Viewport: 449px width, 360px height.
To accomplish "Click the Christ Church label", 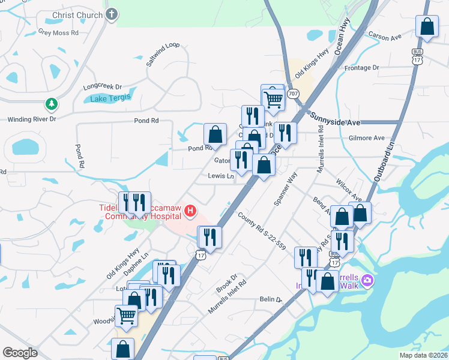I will [x=77, y=14].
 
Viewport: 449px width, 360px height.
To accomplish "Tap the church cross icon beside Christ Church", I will [x=111, y=14].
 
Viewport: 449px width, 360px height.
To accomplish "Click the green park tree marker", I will [x=52, y=104].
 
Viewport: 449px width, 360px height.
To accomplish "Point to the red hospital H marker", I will [x=190, y=211].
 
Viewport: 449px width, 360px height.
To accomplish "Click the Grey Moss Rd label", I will [x=58, y=32].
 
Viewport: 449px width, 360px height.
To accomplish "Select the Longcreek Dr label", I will [x=102, y=86].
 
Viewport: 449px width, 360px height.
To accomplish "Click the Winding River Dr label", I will [x=31, y=119].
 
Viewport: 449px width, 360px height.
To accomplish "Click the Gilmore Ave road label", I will [x=366, y=138].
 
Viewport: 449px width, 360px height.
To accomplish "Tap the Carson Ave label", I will [x=384, y=37].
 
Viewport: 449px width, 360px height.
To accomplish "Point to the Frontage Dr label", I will [x=362, y=68].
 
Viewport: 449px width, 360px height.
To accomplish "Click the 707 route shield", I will [x=292, y=94].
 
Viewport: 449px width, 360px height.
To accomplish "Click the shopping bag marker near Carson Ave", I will [x=427, y=27].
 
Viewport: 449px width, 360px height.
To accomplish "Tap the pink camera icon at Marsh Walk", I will [x=367, y=280].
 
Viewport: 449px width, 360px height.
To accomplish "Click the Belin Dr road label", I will [x=270, y=299].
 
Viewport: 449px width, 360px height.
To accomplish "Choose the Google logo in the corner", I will [x=20, y=353].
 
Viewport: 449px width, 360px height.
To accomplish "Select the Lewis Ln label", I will [x=221, y=176].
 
